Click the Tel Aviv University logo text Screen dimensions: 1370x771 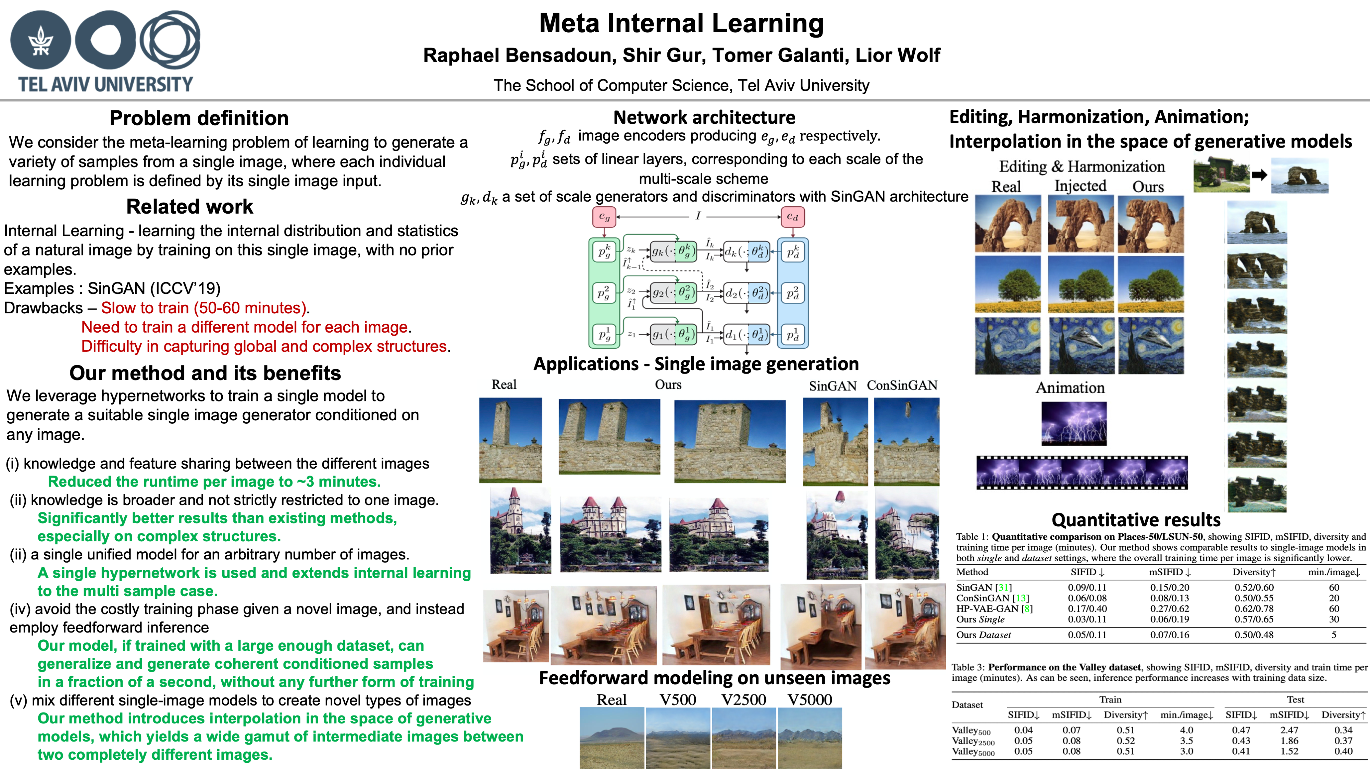pyautogui.click(x=105, y=84)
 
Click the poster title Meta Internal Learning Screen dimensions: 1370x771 pyautogui.click(x=681, y=23)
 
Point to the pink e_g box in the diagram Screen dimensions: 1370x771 pyautogui.click(x=604, y=217)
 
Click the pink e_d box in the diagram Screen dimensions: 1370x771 pyautogui.click(x=792, y=217)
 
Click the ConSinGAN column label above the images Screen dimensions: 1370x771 pyautogui.click(x=902, y=385)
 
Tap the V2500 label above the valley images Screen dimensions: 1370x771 pyautogui.click(x=743, y=700)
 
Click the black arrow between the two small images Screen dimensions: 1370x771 pyautogui.click(x=1259, y=174)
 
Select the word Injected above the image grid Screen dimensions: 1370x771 pyautogui.click(x=1080, y=186)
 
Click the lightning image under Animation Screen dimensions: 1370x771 pyautogui.click(x=1074, y=423)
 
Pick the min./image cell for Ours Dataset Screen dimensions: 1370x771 pyautogui.click(x=1334, y=635)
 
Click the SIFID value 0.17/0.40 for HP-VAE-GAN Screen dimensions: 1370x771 pyautogui.click(x=1087, y=609)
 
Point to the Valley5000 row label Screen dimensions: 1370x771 pyautogui.click(x=973, y=752)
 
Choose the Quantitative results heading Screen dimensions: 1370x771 pyautogui.click(x=1136, y=520)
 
